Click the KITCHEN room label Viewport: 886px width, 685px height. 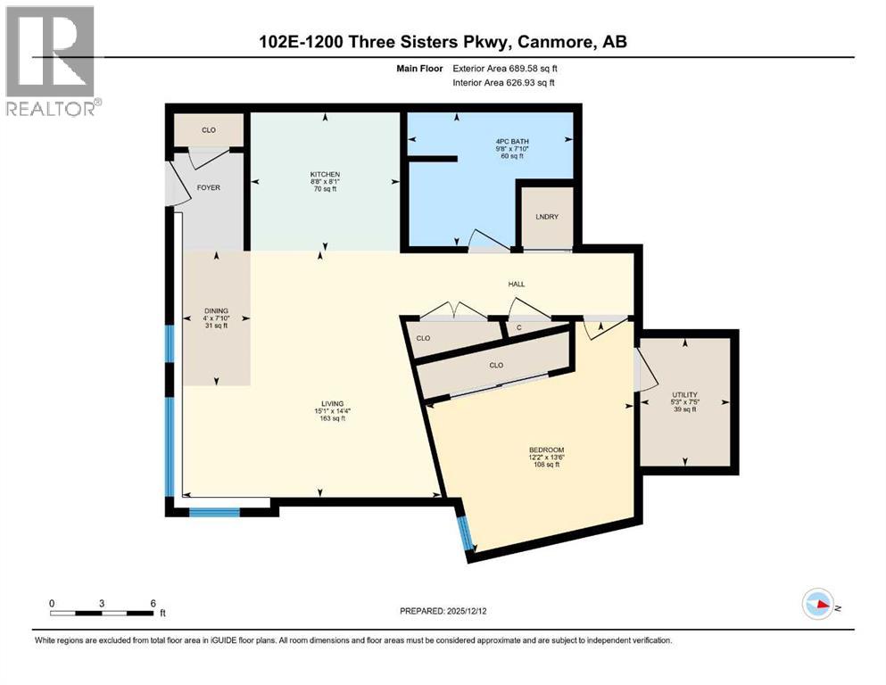(325, 174)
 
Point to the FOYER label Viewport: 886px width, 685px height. (208, 187)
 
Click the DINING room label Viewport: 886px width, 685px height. (217, 310)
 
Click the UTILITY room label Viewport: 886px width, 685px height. (684, 394)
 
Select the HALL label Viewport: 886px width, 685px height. (517, 285)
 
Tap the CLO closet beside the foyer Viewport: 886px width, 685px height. (208, 130)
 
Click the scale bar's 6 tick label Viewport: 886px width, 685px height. (153, 603)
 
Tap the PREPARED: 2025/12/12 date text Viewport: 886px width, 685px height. (443, 611)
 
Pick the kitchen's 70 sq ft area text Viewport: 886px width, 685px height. (325, 190)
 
